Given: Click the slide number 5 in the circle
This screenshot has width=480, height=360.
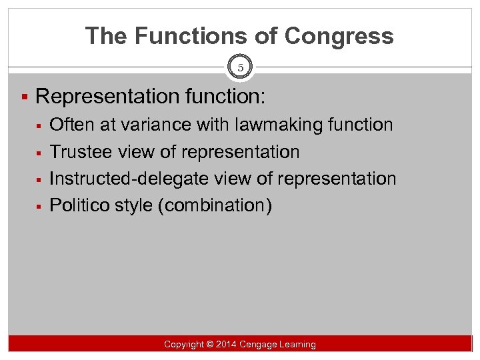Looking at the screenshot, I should (x=240, y=67).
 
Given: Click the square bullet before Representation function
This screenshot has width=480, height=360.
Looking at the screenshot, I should (x=23, y=97).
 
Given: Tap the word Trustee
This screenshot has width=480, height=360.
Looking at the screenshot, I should (x=81, y=152).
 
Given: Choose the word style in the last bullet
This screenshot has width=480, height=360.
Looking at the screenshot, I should (x=137, y=205).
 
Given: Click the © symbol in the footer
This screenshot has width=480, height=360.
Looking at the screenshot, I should (x=209, y=344).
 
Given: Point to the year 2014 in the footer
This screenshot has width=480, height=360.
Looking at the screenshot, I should (x=227, y=344).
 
